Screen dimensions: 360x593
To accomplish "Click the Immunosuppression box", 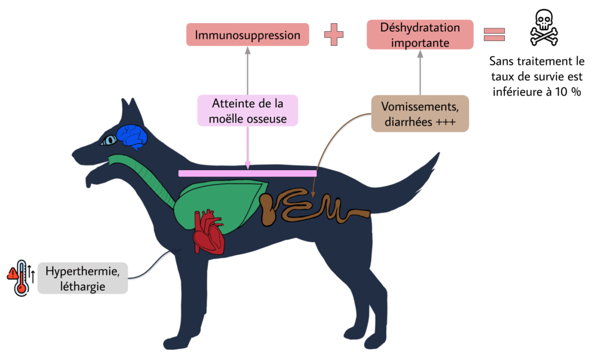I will (x=247, y=35).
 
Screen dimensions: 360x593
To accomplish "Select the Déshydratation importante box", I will (x=420, y=35).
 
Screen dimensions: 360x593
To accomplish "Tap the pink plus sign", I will (x=334, y=35).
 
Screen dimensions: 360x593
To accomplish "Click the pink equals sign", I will (x=494, y=35).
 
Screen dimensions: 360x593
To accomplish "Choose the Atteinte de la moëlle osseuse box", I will (x=247, y=111).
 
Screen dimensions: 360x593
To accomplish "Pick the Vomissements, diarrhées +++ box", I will (x=420, y=113).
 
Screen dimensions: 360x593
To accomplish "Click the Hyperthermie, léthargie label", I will (x=83, y=278).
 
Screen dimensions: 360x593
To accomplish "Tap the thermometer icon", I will (x=22, y=278).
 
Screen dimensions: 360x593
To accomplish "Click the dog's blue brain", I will (x=133, y=137).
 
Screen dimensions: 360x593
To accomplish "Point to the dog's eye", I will (x=108, y=140).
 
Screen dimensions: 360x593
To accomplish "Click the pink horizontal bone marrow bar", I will (x=247, y=173).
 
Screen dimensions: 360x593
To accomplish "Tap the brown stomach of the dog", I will (x=268, y=210).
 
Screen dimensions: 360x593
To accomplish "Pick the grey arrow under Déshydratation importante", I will (x=420, y=72).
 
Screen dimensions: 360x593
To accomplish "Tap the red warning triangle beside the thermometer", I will (x=11, y=274).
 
